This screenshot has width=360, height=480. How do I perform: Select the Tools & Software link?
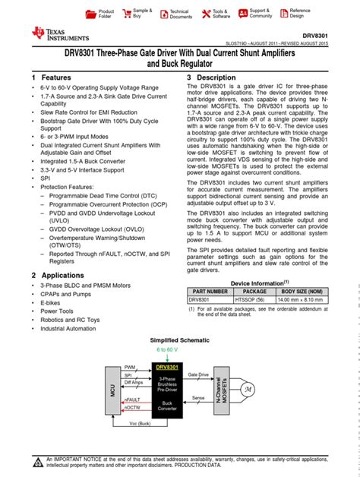coord(219,14)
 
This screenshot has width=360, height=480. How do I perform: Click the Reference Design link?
coord(298,13)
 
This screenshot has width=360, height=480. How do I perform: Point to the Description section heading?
coord(216,78)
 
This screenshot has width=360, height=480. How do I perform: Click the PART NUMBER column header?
coord(210,291)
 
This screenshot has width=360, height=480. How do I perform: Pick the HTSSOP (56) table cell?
coord(254,299)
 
